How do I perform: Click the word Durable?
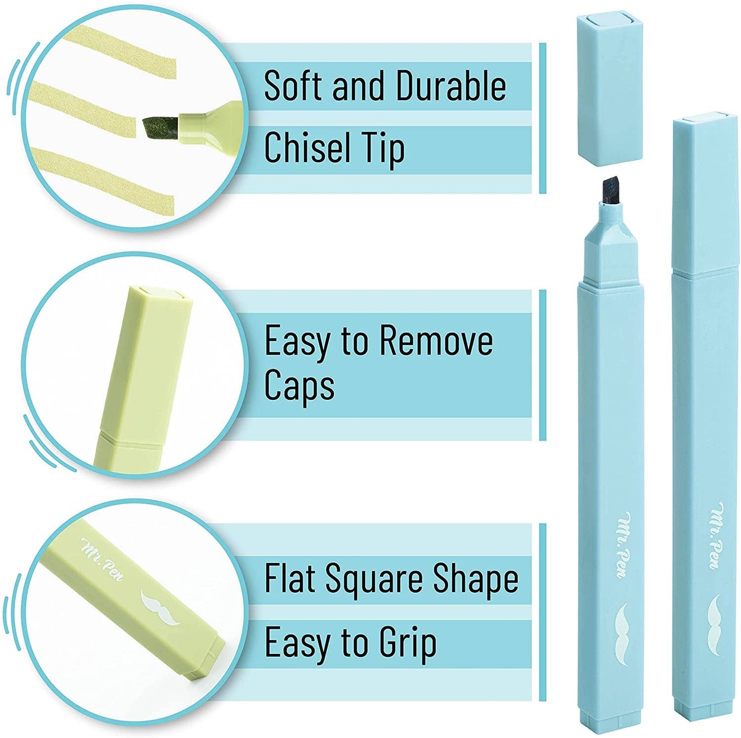click(x=451, y=86)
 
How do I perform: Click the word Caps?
click(x=299, y=385)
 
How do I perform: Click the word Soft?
click(x=293, y=86)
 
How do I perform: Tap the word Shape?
click(x=475, y=579)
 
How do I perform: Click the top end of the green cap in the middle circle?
click(x=159, y=295)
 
